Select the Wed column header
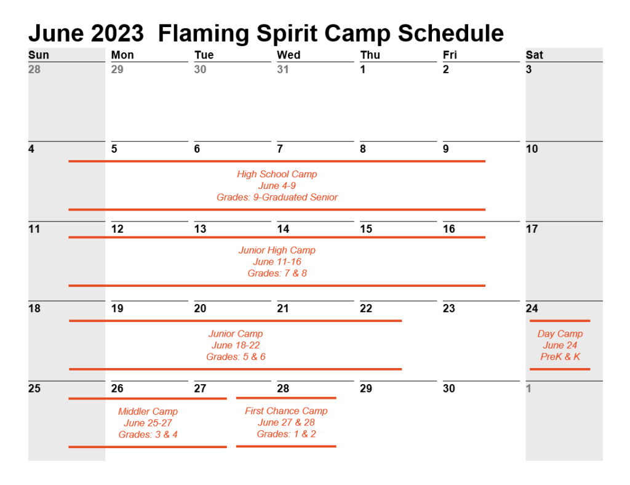tap(289, 55)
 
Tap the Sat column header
tap(534, 55)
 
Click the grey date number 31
tap(282, 70)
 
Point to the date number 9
tap(446, 149)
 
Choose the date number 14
tap(283, 229)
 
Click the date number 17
tap(532, 229)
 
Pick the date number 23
tap(449, 308)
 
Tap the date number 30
tap(449, 388)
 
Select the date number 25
tap(34, 388)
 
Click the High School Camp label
tap(277, 174)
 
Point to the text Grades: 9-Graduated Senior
tap(277, 198)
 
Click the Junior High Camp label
tap(277, 251)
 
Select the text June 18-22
tap(236, 345)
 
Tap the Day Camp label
tap(560, 334)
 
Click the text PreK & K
tap(560, 357)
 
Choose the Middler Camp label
tap(148, 412)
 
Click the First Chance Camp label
tap(286, 411)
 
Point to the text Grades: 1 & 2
tap(286, 435)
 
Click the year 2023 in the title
tap(118, 33)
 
